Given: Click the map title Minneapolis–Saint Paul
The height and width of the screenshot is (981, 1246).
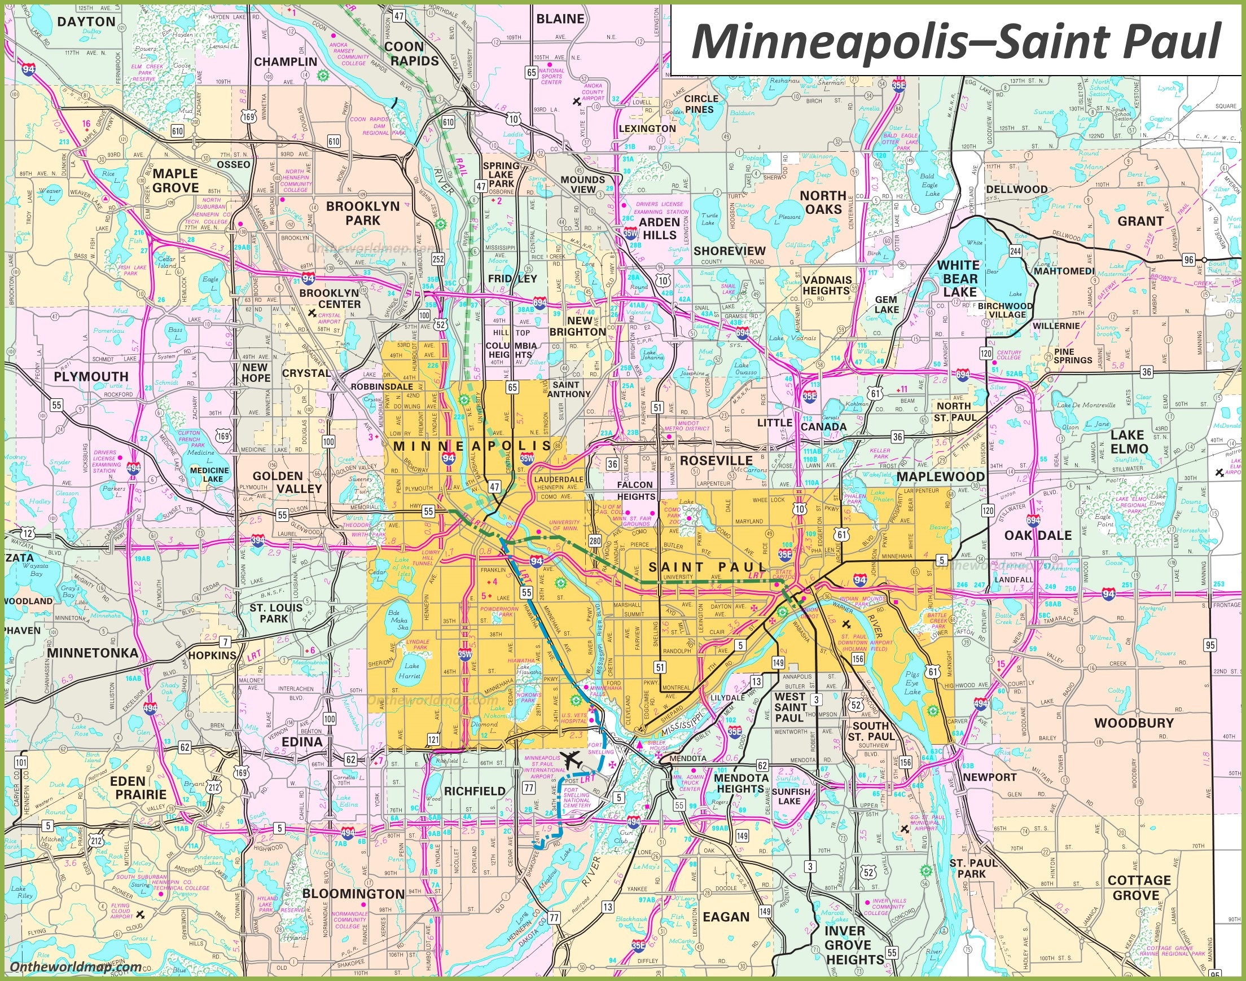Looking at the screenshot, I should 956,41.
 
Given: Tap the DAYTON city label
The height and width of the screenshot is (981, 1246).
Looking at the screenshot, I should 87,22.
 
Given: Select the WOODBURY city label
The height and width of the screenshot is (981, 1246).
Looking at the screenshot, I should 1133,723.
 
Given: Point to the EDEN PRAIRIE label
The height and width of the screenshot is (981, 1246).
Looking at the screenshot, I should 138,788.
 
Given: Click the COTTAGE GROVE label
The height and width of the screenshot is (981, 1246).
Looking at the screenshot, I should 1139,888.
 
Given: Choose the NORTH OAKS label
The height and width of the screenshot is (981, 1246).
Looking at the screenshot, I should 823,202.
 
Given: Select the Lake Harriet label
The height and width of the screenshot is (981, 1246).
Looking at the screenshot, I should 411,671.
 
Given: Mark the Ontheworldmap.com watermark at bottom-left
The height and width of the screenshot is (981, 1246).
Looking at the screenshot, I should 76,967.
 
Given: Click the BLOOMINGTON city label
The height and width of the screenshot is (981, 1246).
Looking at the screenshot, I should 353,894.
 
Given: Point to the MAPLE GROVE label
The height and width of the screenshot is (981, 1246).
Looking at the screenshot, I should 175,181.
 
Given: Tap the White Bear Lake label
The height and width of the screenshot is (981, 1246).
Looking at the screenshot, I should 958,279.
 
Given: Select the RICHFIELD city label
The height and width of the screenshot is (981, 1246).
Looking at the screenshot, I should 475,791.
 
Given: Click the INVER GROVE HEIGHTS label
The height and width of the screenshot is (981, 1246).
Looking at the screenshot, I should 854,945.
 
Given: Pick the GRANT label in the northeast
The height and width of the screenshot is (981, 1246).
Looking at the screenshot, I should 1140,221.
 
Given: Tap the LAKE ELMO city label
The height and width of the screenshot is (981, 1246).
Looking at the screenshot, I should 1129,442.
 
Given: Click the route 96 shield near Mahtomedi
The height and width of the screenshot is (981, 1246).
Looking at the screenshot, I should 1188,259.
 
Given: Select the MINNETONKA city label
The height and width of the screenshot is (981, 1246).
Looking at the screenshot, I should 93,653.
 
